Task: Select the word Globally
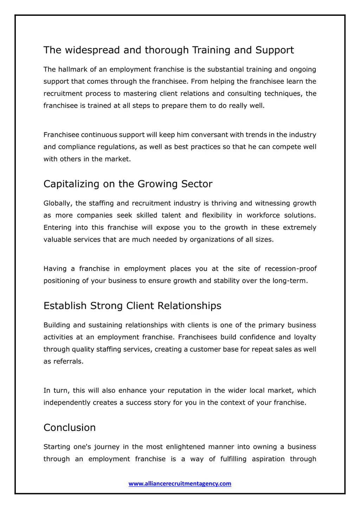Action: (x=58, y=203)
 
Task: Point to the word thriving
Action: (x=224, y=203)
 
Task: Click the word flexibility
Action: (x=217, y=215)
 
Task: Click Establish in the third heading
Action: (x=65, y=306)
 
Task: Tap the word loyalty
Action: (x=305, y=337)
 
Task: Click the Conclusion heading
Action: (x=70, y=428)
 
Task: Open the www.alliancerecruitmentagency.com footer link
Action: (x=180, y=484)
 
